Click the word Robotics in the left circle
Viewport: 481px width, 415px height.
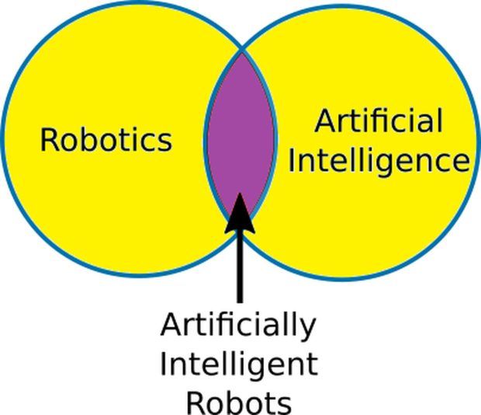click(x=106, y=140)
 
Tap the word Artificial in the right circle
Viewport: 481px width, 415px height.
click(x=379, y=120)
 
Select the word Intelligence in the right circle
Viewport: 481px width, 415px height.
click(x=379, y=162)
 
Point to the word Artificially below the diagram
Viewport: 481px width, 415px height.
click(x=238, y=326)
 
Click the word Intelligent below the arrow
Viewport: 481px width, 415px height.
click(x=239, y=364)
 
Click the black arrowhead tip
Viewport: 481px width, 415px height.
click(x=239, y=193)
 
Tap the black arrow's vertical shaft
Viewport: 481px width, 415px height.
click(x=240, y=267)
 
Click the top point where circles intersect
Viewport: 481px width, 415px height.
click(x=242, y=50)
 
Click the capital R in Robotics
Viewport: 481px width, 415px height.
click(x=48, y=141)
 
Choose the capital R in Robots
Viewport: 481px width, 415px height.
click(x=195, y=403)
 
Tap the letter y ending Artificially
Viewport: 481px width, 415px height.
click(x=308, y=331)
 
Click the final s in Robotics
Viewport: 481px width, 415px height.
click(x=165, y=143)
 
